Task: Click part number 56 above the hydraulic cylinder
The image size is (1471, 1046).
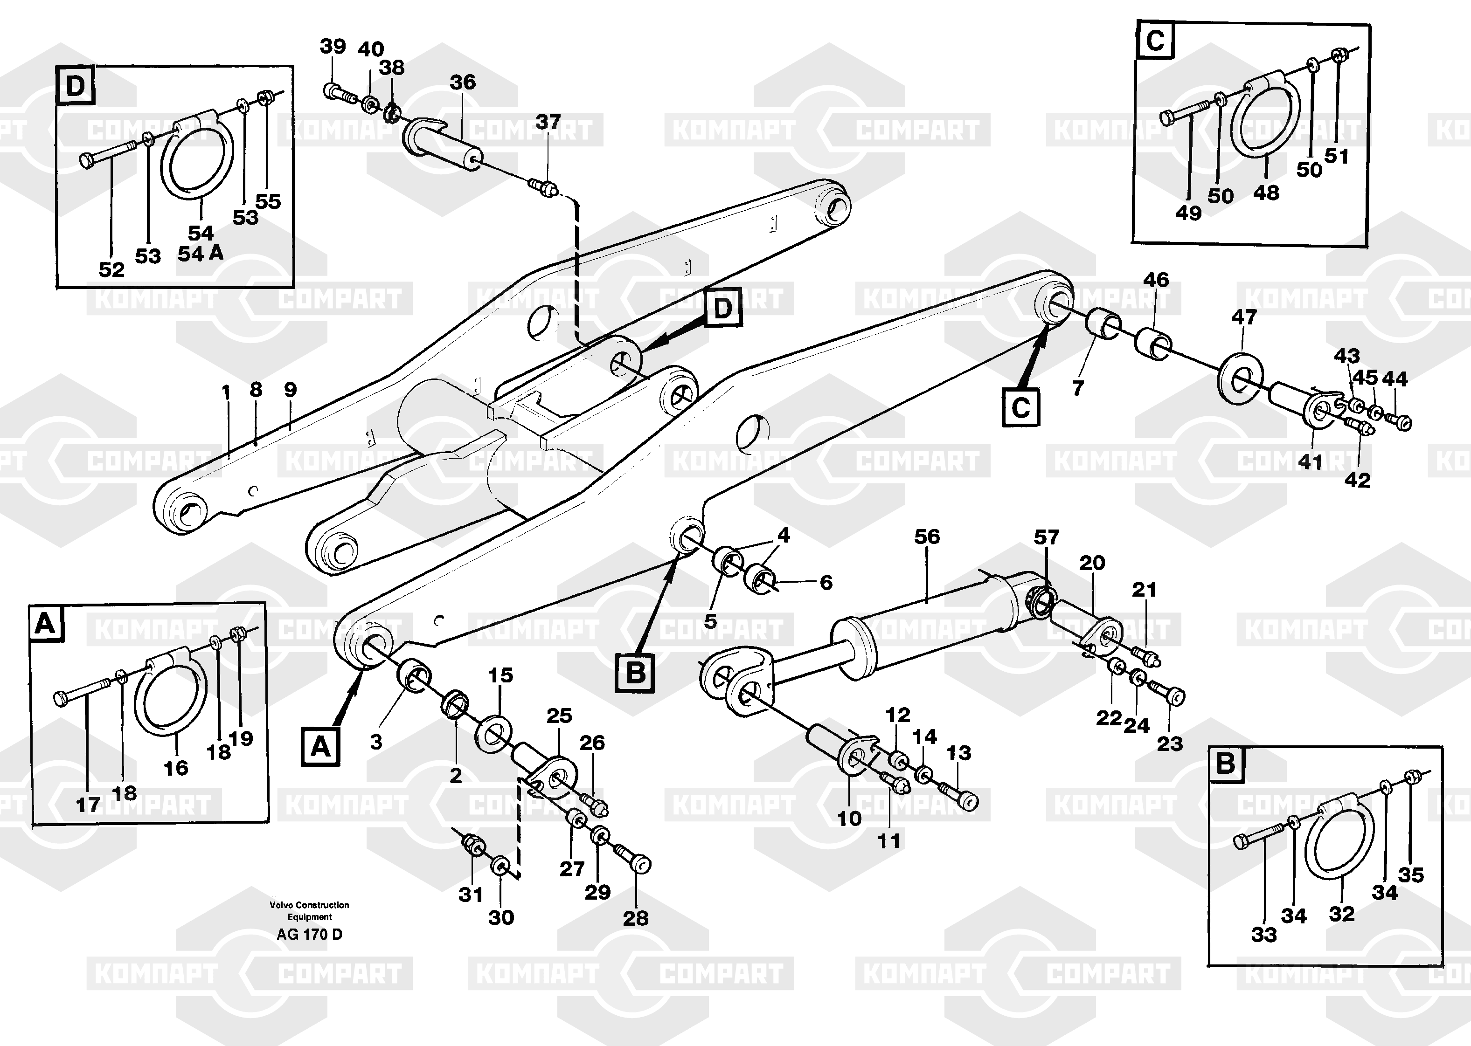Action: [x=927, y=537]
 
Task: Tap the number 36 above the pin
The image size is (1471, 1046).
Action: [x=463, y=83]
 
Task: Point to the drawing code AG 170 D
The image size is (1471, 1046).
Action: [x=309, y=935]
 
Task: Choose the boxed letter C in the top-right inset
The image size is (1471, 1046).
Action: [x=1155, y=41]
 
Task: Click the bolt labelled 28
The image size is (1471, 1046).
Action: [x=635, y=860]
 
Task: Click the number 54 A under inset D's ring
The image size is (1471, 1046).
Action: [x=201, y=254]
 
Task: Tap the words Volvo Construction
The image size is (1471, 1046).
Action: [x=309, y=905]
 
